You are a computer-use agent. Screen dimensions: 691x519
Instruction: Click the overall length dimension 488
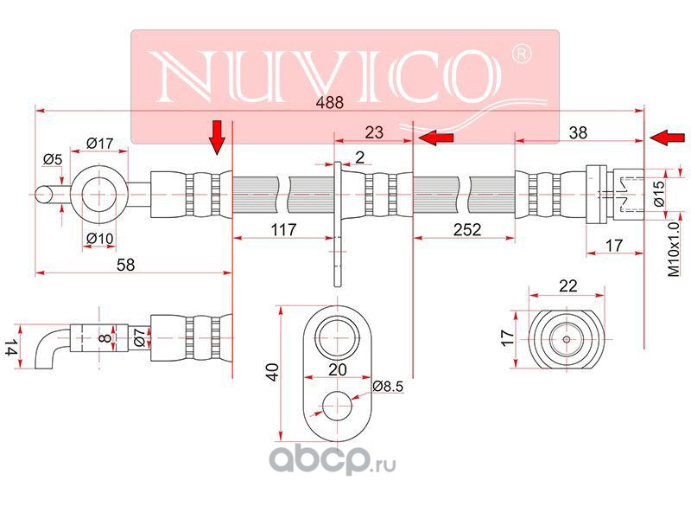(330, 102)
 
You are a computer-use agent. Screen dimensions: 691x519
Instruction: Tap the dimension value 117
(283, 229)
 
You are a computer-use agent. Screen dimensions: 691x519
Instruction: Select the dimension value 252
(467, 229)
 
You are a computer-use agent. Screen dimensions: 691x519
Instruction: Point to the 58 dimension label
(125, 265)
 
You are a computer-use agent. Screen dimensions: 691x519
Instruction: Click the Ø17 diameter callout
(99, 144)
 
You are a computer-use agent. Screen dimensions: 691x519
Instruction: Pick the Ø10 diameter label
(99, 239)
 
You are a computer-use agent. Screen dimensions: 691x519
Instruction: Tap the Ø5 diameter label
(53, 159)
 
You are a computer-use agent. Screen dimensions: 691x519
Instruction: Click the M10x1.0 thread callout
(674, 249)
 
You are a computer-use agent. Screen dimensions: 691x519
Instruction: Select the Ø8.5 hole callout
(388, 386)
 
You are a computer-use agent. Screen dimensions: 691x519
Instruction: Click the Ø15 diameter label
(658, 194)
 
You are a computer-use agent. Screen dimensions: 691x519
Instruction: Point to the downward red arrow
(217, 138)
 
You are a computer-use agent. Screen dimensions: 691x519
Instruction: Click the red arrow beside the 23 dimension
(436, 138)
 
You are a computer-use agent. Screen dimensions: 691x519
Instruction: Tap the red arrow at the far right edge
(667, 138)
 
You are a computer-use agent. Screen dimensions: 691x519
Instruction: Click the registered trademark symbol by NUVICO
(521, 54)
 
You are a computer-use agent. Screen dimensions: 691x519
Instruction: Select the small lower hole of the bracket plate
(337, 406)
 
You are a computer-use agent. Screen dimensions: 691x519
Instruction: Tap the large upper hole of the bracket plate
(337, 336)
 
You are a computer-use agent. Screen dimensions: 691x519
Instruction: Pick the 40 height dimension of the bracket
(273, 372)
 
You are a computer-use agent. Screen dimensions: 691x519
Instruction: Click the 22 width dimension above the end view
(568, 286)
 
